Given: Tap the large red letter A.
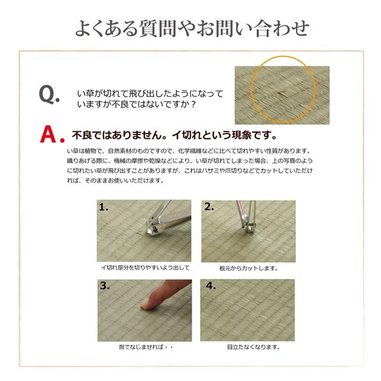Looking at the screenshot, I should (x=49, y=134).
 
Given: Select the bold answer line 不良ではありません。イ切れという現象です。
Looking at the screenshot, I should (x=175, y=134).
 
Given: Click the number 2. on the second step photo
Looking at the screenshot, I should (x=209, y=207).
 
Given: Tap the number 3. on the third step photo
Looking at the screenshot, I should (x=104, y=286).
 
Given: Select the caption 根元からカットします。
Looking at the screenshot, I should (x=249, y=268).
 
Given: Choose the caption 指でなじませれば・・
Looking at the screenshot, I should (x=144, y=347).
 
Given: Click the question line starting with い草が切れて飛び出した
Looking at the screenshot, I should (x=150, y=93).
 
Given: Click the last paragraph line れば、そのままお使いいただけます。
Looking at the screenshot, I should (x=114, y=180).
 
